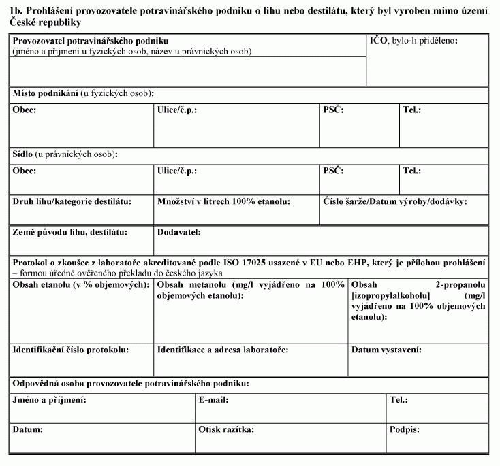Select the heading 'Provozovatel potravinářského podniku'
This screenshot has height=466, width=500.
(91, 42)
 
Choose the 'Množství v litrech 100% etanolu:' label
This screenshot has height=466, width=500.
(223, 201)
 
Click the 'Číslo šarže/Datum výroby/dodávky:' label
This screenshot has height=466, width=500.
(394, 201)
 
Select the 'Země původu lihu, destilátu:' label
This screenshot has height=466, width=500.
(70, 232)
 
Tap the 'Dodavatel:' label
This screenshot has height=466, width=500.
(178, 232)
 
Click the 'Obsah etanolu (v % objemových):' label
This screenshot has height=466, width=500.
(81, 284)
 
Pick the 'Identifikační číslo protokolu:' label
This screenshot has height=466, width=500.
(71, 350)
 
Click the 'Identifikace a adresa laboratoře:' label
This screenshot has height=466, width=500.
(223, 350)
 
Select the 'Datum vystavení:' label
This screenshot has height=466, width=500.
(386, 350)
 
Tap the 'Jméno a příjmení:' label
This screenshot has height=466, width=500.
(49, 400)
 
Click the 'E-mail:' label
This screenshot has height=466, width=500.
(213, 400)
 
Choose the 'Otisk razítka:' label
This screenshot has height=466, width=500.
(226, 430)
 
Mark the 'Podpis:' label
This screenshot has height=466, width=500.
(405, 430)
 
